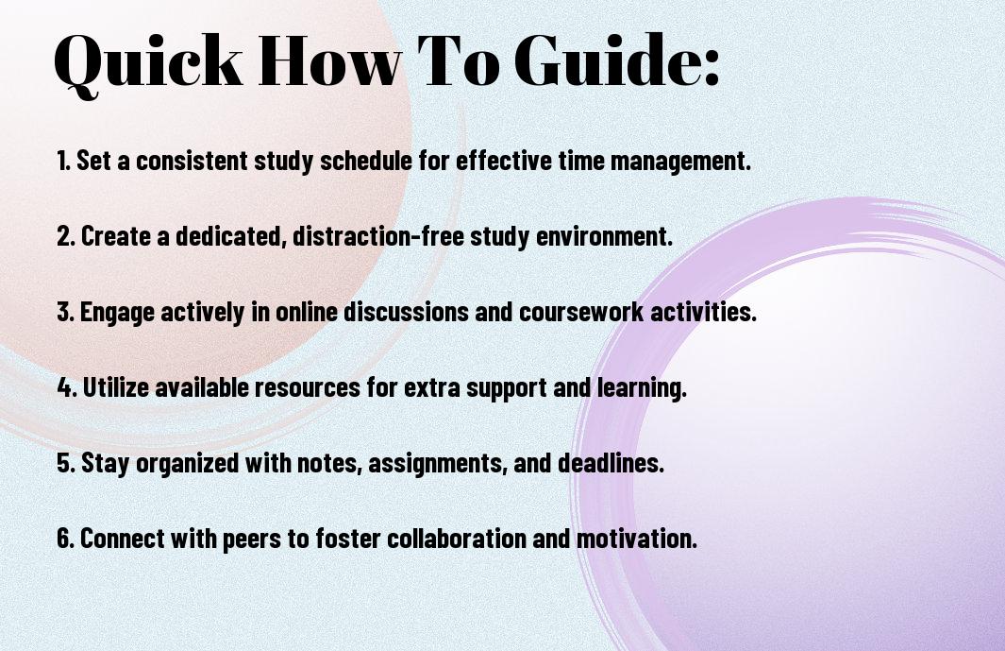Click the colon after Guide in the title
712,68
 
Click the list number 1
63,161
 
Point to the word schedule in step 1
366,161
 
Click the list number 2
65,236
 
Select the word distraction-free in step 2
378,236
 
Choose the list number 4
66,387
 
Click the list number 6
66,539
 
